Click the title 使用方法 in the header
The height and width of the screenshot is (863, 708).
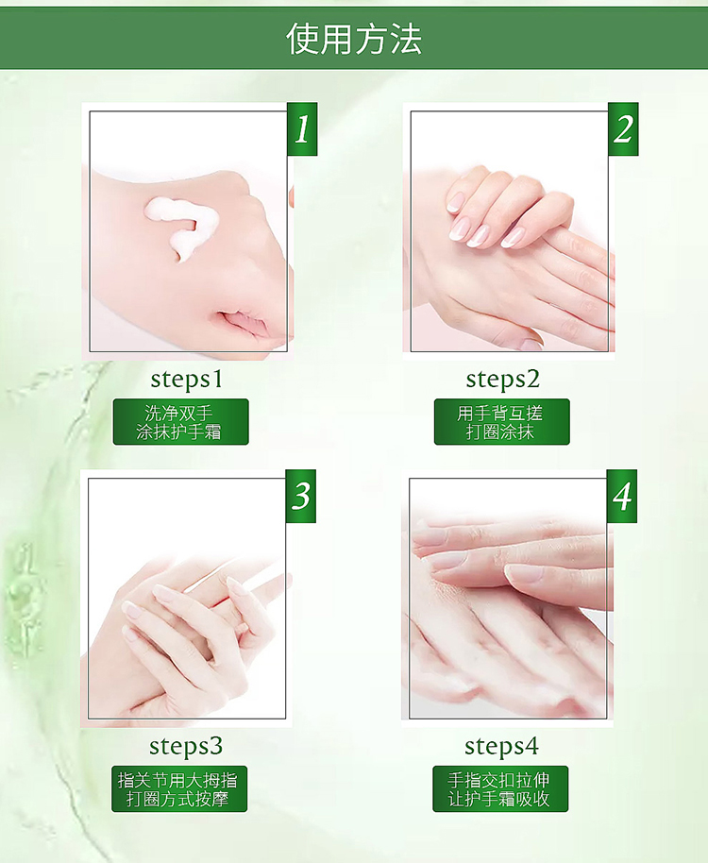tap(354, 39)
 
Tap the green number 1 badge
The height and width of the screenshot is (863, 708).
tap(302, 128)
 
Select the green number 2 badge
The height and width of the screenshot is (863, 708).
tap(623, 128)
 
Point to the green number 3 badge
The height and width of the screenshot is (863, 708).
tap(301, 496)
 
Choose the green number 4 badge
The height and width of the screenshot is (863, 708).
tap(622, 496)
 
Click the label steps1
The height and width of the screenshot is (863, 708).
tap(187, 380)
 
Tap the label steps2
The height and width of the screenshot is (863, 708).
tap(503, 380)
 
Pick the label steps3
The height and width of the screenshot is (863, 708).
tap(186, 746)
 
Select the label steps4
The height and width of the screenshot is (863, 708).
tap(501, 746)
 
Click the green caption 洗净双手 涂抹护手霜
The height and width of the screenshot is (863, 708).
tap(181, 422)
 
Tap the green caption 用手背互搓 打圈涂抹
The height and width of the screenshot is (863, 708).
tap(501, 422)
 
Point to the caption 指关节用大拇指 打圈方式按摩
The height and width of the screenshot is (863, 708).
tap(179, 788)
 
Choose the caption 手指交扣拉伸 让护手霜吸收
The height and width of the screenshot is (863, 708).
tap(500, 788)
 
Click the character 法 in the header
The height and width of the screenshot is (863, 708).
tap(407, 39)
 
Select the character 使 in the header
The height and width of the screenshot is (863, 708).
tap(302, 39)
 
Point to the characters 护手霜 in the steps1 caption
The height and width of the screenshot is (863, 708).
tap(195, 432)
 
